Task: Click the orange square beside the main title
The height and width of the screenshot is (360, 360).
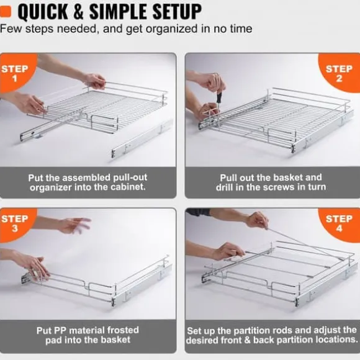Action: pyautogui.click(x=6, y=12)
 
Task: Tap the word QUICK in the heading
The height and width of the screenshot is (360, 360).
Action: pyautogui.click(x=43, y=12)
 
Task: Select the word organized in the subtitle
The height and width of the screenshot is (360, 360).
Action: pyautogui.click(x=171, y=29)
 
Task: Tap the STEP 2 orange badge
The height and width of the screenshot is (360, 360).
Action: pyautogui.click(x=339, y=73)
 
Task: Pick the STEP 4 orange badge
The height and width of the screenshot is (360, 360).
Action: pyautogui.click(x=340, y=224)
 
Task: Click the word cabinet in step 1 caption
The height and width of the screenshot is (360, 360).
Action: pyautogui.click(x=128, y=187)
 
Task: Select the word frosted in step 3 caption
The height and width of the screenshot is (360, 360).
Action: pyautogui.click(x=123, y=330)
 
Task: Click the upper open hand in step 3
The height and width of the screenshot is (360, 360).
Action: pyautogui.click(x=73, y=225)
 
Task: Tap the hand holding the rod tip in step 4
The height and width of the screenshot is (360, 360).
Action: pyautogui.click(x=257, y=220)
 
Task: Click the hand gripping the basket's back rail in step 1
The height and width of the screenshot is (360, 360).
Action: pyautogui.click(x=94, y=80)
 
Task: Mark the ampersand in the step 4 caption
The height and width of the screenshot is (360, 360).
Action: pyautogui.click(x=247, y=340)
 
